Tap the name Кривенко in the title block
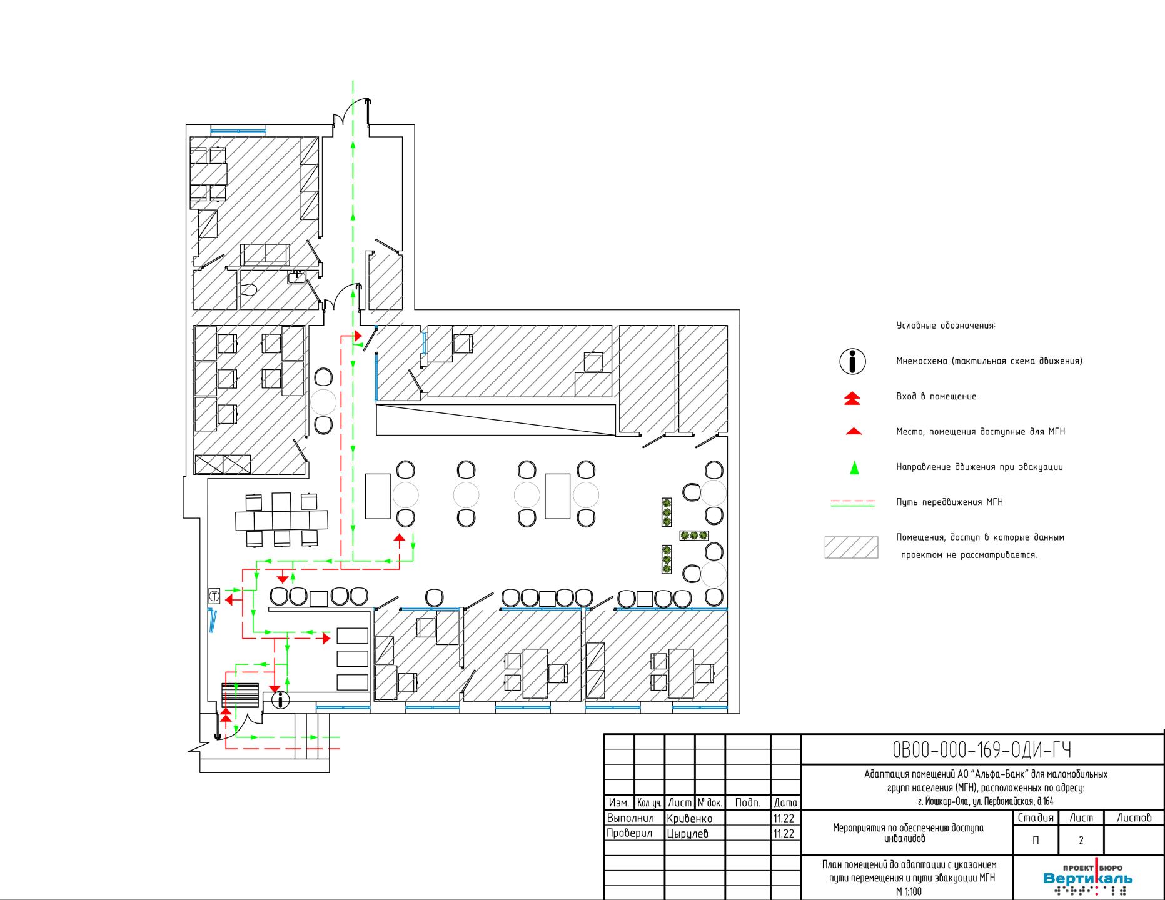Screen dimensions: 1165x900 690,818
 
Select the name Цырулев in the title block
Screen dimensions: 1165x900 688,833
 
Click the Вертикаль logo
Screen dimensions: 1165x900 1087,879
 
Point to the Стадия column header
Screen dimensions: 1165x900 1036,817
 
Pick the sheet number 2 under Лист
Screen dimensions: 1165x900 1081,841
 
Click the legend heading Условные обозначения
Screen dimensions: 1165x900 946,326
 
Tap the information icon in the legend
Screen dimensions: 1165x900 852,361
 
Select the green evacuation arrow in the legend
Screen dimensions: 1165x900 854,467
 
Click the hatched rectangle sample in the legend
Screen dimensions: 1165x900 851,547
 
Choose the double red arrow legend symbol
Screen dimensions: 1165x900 852,398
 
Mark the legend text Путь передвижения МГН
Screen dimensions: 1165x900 949,502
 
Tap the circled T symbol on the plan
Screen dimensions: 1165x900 214,596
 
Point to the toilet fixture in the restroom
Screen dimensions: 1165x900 250,289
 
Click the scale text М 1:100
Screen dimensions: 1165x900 909,892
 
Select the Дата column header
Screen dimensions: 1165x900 785,802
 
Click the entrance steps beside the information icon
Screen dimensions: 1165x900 240,696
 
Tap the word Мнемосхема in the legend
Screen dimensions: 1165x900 920,361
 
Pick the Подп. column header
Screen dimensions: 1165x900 748,802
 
